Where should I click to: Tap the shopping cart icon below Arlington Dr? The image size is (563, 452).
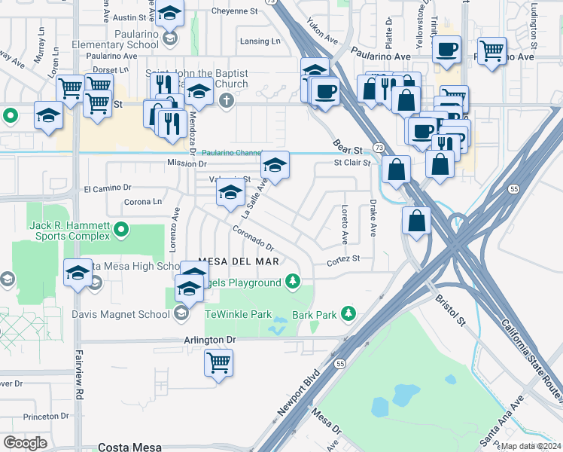click(218, 363)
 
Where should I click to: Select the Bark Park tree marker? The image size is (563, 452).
click(347, 312)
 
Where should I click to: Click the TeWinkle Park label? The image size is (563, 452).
click(239, 313)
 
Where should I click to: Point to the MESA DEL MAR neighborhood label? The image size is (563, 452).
click(229, 261)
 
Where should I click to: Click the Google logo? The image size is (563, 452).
click(25, 443)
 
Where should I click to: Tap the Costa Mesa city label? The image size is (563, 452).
click(129, 447)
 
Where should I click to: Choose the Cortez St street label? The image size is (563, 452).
click(343, 259)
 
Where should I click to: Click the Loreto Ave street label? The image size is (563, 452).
click(345, 224)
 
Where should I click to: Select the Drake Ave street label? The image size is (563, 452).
click(373, 219)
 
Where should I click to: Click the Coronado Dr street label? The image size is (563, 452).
click(252, 238)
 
